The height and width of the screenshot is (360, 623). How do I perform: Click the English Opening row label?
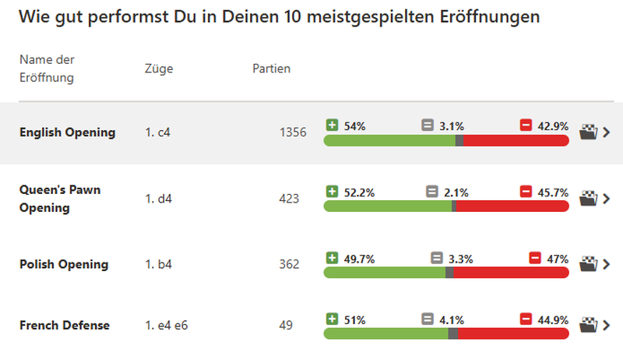67,132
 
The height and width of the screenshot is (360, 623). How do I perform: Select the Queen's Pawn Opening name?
60,199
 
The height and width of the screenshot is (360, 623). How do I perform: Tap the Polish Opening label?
64,264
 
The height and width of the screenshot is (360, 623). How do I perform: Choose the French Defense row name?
65,325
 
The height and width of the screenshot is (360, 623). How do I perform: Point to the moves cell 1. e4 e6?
167,325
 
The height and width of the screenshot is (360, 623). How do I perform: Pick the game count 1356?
293,133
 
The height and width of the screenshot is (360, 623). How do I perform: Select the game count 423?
289,199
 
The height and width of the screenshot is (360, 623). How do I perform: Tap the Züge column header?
159,69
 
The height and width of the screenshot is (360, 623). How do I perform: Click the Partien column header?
272,69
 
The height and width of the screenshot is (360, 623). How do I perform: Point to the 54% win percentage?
354,125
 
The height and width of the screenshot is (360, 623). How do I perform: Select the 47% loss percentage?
558,257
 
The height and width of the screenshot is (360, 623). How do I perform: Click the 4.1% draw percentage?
453,319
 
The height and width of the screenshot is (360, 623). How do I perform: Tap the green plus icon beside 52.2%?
333,192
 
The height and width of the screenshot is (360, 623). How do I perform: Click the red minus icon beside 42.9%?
526,125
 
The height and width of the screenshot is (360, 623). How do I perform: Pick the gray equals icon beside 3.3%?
437,257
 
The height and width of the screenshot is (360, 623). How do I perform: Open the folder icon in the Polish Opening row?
590,264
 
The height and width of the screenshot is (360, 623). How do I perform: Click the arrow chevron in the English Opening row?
607,132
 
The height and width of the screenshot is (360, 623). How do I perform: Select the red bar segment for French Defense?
513,334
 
